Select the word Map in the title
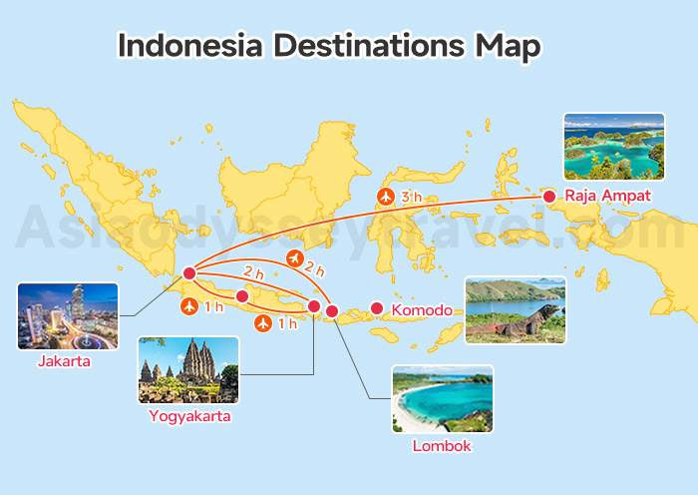508,46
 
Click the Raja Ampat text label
607,196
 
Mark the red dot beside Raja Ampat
548,196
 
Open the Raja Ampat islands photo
613,147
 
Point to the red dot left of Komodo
377,308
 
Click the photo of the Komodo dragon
516,310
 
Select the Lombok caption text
442,446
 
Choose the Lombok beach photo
442,399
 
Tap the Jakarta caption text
65,361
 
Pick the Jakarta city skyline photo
67,316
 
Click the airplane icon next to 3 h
386,197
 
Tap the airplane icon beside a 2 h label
294,258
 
